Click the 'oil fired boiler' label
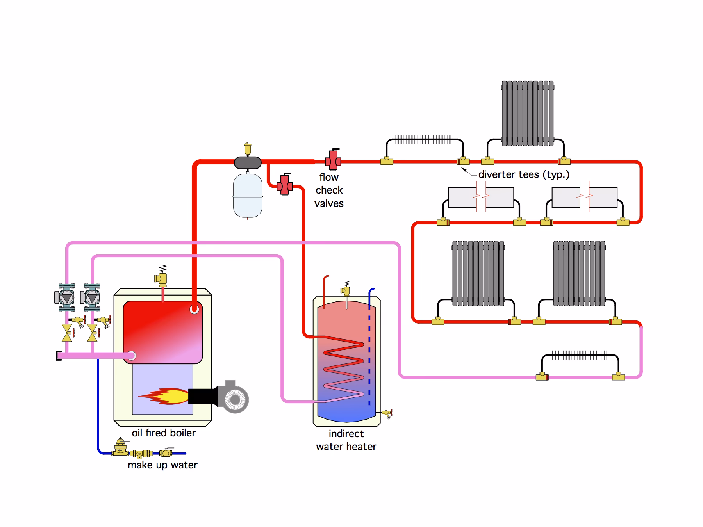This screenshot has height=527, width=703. point(164,433)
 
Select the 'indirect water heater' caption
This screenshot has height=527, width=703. point(346,440)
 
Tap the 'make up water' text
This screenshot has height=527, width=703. point(162,465)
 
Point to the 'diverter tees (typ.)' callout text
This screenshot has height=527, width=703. point(524,174)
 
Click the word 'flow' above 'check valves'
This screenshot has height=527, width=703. point(329,177)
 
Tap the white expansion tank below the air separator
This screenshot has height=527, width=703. point(248,195)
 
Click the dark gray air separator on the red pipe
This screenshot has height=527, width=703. point(248,162)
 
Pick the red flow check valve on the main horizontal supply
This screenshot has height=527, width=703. point(333,160)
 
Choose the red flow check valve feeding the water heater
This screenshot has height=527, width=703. point(285,185)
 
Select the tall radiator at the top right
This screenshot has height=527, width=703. point(528,114)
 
